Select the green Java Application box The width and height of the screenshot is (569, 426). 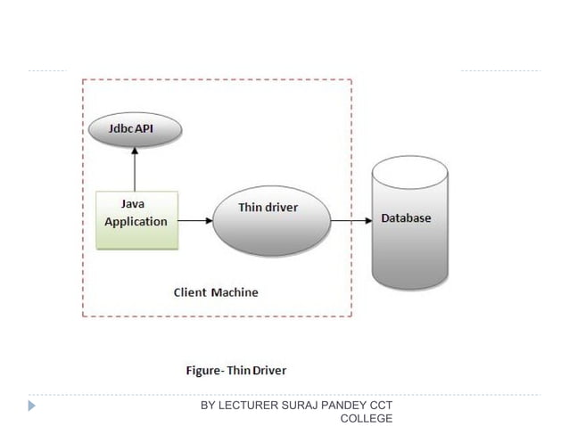click(x=136, y=219)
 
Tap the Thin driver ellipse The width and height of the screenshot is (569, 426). click(x=271, y=219)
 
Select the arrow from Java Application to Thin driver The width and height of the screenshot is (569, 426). click(x=195, y=219)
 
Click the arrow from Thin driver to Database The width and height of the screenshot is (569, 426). click(x=351, y=219)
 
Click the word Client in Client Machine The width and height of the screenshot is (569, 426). click(x=189, y=292)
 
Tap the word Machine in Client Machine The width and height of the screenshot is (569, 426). click(x=235, y=292)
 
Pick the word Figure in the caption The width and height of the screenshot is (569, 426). click(x=204, y=369)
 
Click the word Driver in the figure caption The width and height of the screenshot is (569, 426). click(x=269, y=369)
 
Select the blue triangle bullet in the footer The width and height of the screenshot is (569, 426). click(x=32, y=406)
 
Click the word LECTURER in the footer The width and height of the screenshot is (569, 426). click(x=249, y=406)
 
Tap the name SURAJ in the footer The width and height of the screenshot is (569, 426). click(x=303, y=406)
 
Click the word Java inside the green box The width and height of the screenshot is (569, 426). click(x=134, y=204)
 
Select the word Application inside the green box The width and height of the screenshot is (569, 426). click(x=136, y=221)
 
